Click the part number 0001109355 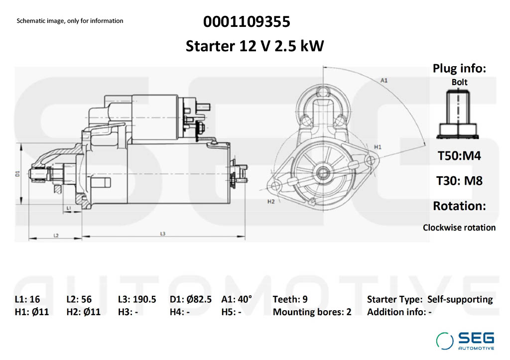click(247, 22)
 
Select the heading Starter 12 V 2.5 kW click(255, 46)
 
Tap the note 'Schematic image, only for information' click(70, 21)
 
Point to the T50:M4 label click(459, 156)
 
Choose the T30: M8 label click(459, 181)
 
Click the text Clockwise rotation click(459, 228)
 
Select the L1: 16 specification click(27, 299)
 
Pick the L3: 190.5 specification click(137, 299)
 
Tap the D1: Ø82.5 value click(191, 299)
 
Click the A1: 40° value click(237, 299)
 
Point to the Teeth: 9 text click(290, 299)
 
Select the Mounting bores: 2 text click(312, 312)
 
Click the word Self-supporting click(460, 300)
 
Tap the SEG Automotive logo click(465, 341)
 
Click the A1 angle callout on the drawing click(384, 80)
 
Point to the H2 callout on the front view click(271, 202)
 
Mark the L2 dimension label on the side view click(56, 235)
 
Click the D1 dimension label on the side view click(17, 174)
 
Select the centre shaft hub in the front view click(323, 172)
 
